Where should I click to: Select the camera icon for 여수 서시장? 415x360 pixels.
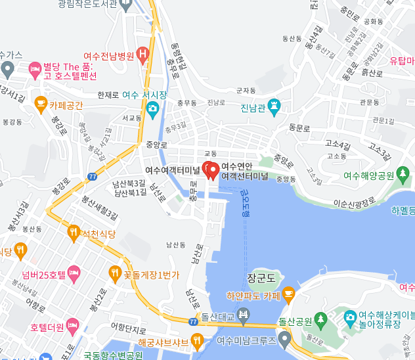(153, 107)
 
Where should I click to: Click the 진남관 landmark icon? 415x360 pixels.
(274, 106)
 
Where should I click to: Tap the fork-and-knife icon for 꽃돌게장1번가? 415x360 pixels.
(114, 272)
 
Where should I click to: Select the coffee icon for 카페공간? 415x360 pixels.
(41, 104)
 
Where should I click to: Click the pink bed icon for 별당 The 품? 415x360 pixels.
(35, 68)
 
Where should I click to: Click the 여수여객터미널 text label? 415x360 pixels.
(171, 169)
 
